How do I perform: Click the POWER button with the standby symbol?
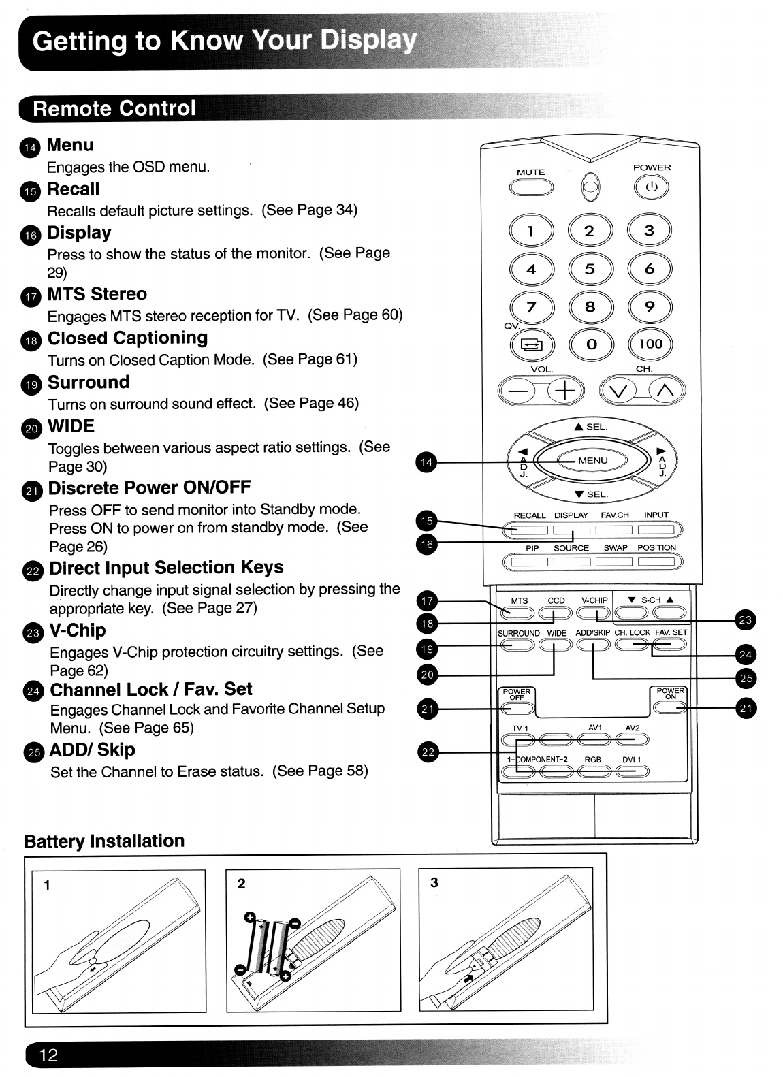click(x=651, y=188)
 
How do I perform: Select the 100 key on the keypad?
click(x=650, y=344)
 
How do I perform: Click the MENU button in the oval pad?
click(x=592, y=461)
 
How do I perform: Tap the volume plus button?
click(x=564, y=391)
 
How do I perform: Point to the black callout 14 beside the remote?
click(x=426, y=463)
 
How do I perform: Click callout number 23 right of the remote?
click(x=746, y=620)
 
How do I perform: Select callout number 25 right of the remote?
click(x=746, y=678)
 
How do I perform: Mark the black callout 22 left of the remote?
click(x=427, y=752)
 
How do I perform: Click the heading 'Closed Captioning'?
click(x=127, y=338)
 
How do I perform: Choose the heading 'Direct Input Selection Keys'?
click(x=166, y=568)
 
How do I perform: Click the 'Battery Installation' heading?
click(x=104, y=841)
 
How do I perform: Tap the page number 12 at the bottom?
click(x=48, y=1055)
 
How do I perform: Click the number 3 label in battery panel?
click(x=434, y=883)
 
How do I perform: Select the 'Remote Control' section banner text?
click(x=114, y=108)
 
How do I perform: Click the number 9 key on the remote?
click(x=650, y=307)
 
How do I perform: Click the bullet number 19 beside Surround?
click(x=32, y=385)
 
